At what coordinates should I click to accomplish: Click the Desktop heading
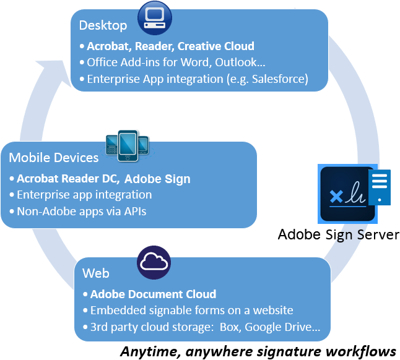(x=103, y=25)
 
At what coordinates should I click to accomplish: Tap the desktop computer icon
(x=154, y=17)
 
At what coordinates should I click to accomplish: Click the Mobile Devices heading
(x=53, y=158)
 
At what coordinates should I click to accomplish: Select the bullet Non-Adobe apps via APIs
(x=82, y=211)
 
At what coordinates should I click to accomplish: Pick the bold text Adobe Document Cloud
(x=153, y=294)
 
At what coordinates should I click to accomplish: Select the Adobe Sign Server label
(x=339, y=234)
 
